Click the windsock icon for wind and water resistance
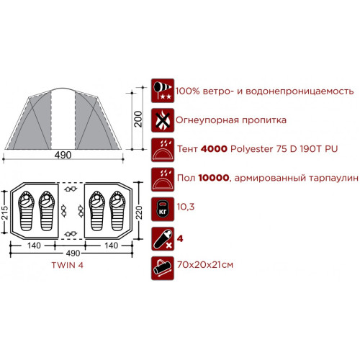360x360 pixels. [163, 91]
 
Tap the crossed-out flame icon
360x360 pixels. [163, 120]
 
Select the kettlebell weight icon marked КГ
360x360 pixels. [163, 209]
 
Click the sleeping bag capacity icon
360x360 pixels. [163, 239]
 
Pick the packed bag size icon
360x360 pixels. [163, 269]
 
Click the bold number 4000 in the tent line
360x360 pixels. [214, 149]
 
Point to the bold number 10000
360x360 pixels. [214, 178]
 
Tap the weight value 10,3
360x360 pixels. [186, 207]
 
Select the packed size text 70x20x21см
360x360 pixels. [205, 265]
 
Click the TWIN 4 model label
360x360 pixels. [68, 265]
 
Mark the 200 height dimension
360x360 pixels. [138, 119]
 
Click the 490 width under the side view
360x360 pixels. [63, 155]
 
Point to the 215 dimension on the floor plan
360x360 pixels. [5, 212]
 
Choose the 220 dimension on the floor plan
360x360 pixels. [139, 212]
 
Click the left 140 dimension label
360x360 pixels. [34, 246]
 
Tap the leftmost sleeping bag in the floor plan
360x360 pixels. [26, 211]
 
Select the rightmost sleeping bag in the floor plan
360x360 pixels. [117, 211]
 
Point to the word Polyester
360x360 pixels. [252, 149]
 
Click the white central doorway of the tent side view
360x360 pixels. [63, 119]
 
